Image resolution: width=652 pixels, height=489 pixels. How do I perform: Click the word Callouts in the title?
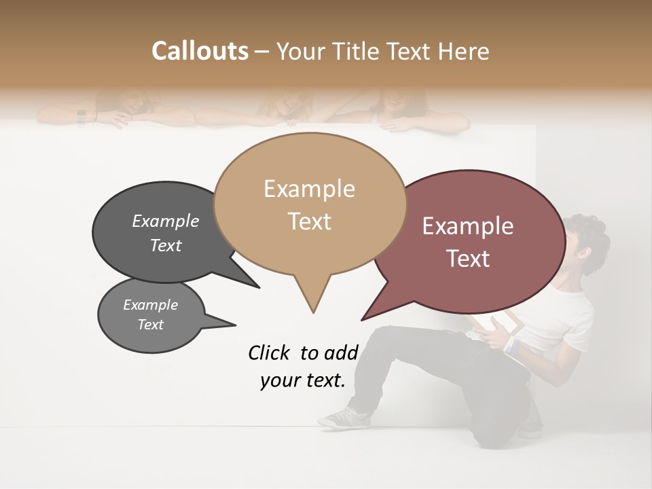200,51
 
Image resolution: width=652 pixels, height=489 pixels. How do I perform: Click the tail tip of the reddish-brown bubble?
363,319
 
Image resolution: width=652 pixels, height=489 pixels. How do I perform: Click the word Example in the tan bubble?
309,189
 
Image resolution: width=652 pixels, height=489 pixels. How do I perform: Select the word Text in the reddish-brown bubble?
469,259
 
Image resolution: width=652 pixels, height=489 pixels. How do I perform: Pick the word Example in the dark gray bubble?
166,221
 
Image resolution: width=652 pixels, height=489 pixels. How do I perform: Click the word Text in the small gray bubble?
151,325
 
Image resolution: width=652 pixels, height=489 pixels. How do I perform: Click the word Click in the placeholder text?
270,352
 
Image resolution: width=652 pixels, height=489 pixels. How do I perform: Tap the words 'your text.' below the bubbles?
303,381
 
